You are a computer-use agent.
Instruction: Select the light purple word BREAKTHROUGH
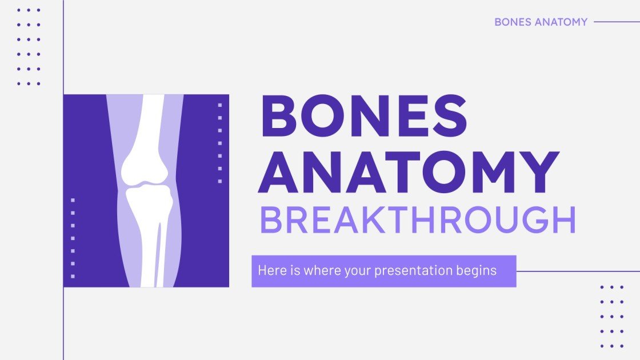417,221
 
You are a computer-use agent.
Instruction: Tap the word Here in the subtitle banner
269,270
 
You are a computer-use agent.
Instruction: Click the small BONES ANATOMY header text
541,22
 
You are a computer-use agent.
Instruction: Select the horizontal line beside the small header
617,22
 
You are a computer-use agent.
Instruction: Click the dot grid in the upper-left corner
29,47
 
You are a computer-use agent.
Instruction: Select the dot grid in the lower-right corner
611,316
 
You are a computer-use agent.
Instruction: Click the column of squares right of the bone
220,143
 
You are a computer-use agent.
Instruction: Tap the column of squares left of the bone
73,238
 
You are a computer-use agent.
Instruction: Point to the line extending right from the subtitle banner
577,271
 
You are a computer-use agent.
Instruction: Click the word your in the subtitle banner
358,271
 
